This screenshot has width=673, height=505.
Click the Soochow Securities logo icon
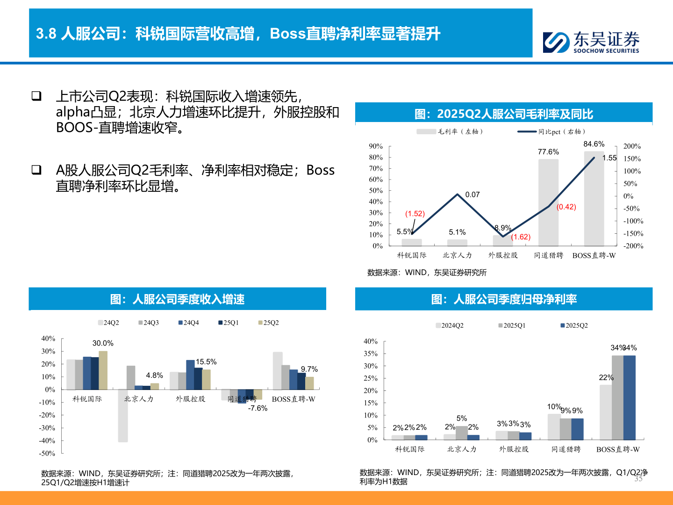click(556, 42)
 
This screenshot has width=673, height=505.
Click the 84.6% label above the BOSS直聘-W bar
click(594, 144)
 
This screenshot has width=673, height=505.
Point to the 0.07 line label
click(472, 195)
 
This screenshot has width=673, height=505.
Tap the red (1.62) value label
click(521, 237)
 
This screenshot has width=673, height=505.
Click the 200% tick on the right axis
click(632, 146)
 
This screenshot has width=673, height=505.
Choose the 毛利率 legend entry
click(450, 132)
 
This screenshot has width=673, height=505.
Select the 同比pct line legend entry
click(551, 132)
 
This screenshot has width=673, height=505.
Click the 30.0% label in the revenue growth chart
click(103, 343)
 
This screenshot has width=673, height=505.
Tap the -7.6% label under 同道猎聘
click(258, 408)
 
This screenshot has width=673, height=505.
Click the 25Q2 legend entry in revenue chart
click(269, 323)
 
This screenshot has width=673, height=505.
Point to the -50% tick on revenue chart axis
click(47, 453)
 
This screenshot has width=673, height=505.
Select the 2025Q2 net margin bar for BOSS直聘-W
click(629, 397)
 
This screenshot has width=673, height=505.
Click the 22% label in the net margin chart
click(606, 377)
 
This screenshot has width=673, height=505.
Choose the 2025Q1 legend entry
click(512, 325)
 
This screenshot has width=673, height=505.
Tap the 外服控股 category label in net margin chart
click(514, 449)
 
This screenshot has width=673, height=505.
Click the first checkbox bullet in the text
click(36, 96)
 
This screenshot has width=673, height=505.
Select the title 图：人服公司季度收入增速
click(178, 299)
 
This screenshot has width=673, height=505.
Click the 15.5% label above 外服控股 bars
click(206, 362)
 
